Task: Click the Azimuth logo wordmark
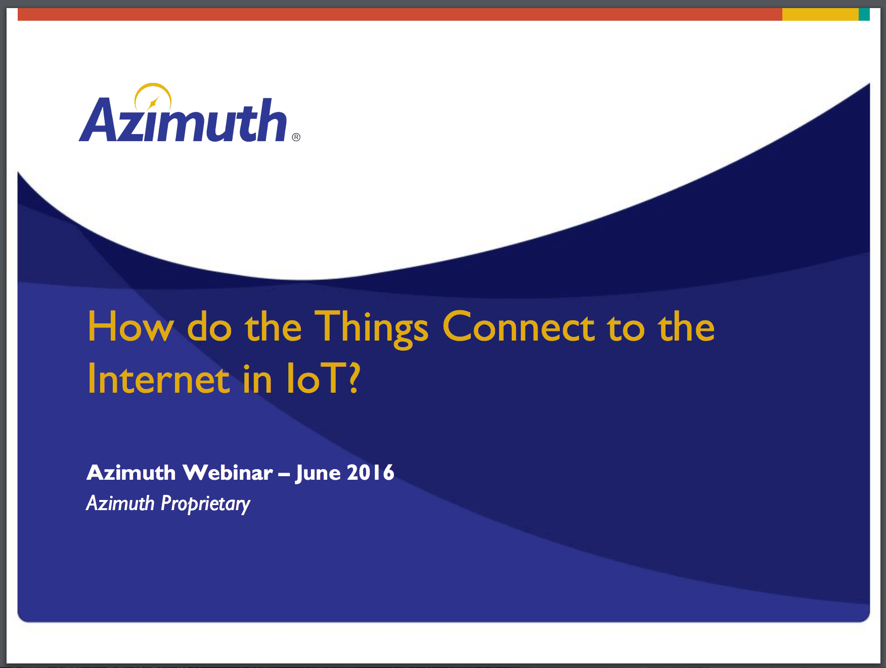point(183,120)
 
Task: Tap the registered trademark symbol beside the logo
point(296,137)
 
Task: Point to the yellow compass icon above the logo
point(153,97)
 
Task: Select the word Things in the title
point(372,328)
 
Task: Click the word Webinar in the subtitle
point(228,473)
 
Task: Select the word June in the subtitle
point(318,474)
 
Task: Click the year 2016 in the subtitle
point(370,473)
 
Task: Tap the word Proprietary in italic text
point(205,504)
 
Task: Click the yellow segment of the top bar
point(820,14)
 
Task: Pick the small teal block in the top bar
point(864,14)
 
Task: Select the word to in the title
point(626,328)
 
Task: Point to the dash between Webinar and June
point(284,475)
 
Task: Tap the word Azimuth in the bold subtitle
point(131,473)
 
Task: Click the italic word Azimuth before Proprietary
point(120,503)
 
